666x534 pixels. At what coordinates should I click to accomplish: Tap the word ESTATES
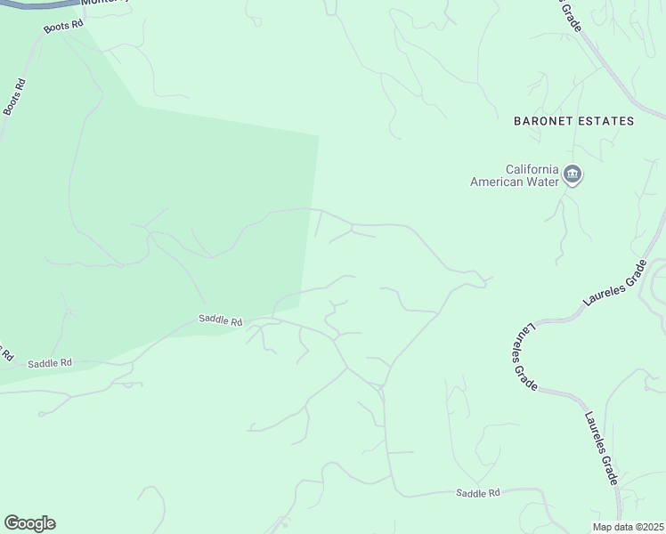[605, 120]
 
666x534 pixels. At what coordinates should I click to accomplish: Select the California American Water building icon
[573, 174]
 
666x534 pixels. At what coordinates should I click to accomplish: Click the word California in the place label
[532, 169]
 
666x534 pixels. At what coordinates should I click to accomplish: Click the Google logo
[29, 523]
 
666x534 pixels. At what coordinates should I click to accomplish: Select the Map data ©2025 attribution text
[629, 527]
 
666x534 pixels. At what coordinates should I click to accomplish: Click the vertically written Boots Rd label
[14, 96]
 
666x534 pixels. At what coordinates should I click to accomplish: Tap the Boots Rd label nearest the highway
[63, 26]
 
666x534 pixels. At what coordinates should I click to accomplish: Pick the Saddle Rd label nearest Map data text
[478, 492]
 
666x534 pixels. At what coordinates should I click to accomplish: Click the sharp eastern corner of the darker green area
[318, 136]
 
